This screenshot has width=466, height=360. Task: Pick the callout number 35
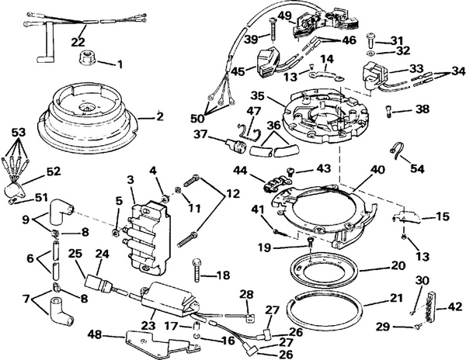[257, 97]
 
